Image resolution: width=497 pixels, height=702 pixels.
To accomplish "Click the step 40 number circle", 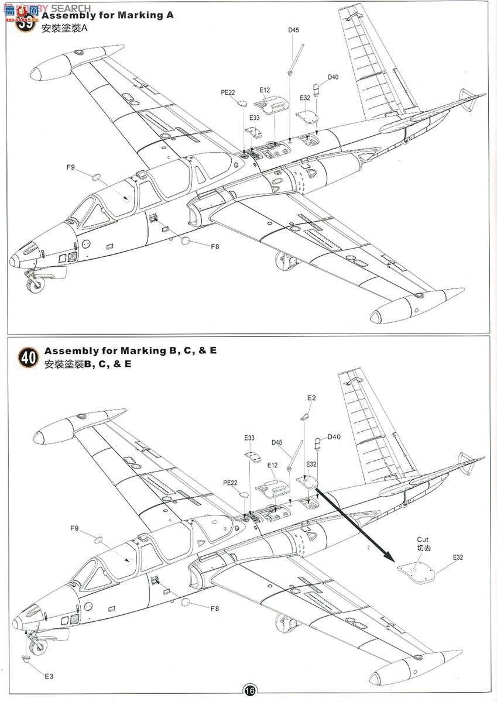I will coord(28,357).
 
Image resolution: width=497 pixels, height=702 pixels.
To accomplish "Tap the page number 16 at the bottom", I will coord(250,691).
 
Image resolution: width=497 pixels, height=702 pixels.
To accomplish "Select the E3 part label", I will coord(49,676).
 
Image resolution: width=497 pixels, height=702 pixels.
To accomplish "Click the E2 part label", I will coord(311,398).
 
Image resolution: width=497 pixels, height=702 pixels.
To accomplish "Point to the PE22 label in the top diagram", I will coord(228,92).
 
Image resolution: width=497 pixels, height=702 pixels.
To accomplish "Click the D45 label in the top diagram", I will coord(293,30).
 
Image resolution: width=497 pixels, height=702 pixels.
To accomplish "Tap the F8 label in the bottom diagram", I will coord(215,608).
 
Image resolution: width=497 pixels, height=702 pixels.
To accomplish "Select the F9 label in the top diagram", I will coord(70,167).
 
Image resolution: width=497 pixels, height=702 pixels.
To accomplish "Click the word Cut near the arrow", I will coord(423,540).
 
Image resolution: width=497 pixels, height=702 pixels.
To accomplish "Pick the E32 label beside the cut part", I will coord(457,558).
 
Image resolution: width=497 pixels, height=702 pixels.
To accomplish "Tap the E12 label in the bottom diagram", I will coord(272,464).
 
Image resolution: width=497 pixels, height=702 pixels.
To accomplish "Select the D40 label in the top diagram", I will coord(333,77).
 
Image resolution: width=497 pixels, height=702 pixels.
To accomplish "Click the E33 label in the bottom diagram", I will coord(249,438).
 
